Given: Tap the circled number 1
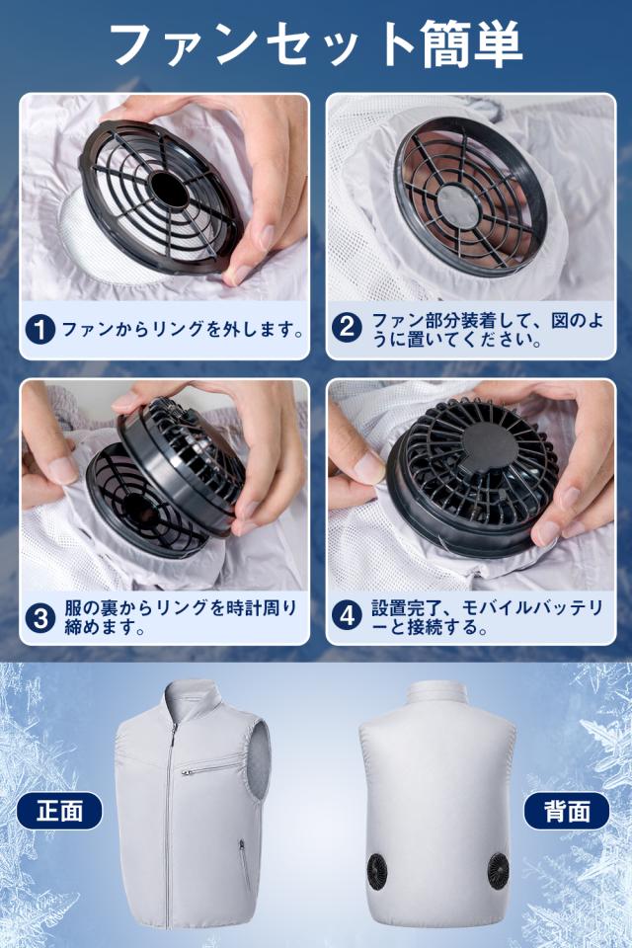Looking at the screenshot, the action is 40,330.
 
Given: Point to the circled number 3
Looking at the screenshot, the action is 40,617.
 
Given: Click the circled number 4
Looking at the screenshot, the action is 348,616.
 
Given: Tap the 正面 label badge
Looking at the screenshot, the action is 59,810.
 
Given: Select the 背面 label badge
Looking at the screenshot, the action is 567,810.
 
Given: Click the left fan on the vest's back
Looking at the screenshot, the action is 376,870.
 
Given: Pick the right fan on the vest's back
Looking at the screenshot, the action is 499,870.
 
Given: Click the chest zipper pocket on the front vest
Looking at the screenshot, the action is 208,767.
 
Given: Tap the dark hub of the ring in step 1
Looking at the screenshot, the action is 169,190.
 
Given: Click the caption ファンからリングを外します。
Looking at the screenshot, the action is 183,330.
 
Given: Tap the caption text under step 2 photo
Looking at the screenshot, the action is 488,330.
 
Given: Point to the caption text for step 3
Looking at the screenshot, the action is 181,617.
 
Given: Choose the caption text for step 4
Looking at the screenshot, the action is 488,617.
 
